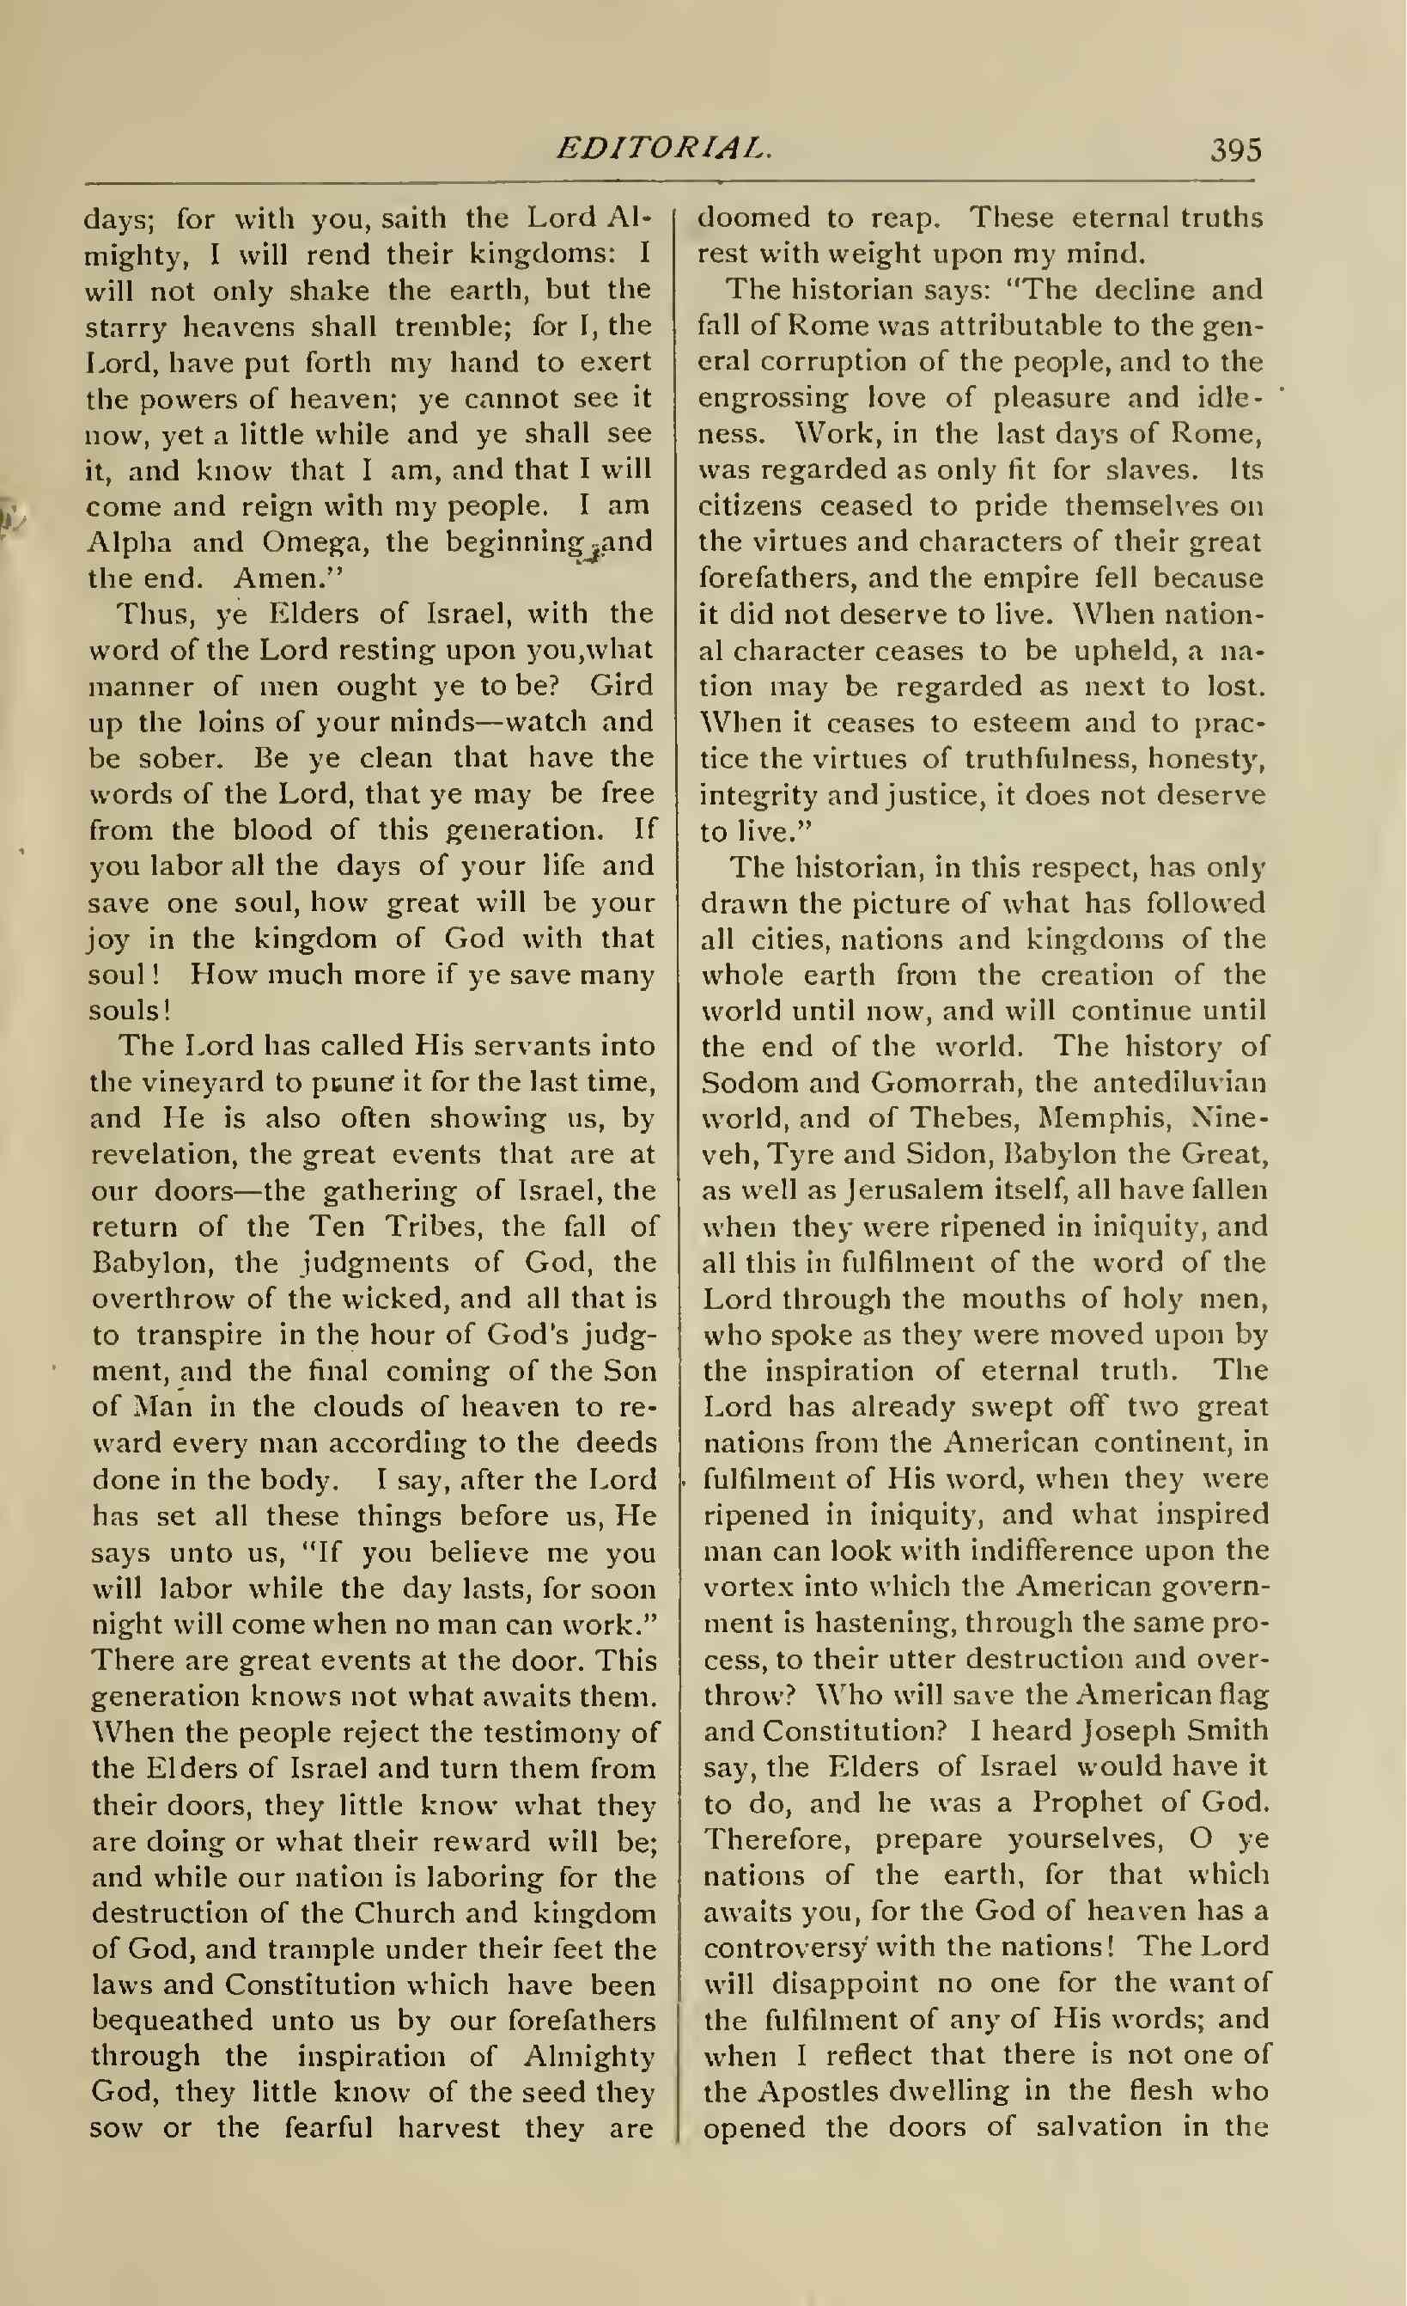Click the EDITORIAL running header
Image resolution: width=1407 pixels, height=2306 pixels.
663,148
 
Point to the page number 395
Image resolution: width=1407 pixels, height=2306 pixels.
1235,150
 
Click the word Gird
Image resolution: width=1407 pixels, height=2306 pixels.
620,685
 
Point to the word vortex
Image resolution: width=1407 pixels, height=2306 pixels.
748,1587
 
